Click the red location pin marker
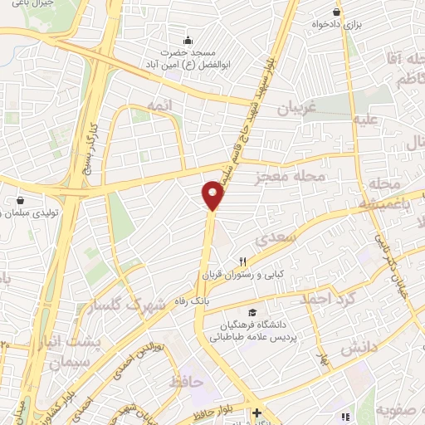213,196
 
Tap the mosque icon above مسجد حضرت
188,39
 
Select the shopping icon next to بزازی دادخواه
336,12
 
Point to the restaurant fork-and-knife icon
243,260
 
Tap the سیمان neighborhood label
68,364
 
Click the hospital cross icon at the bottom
256,413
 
